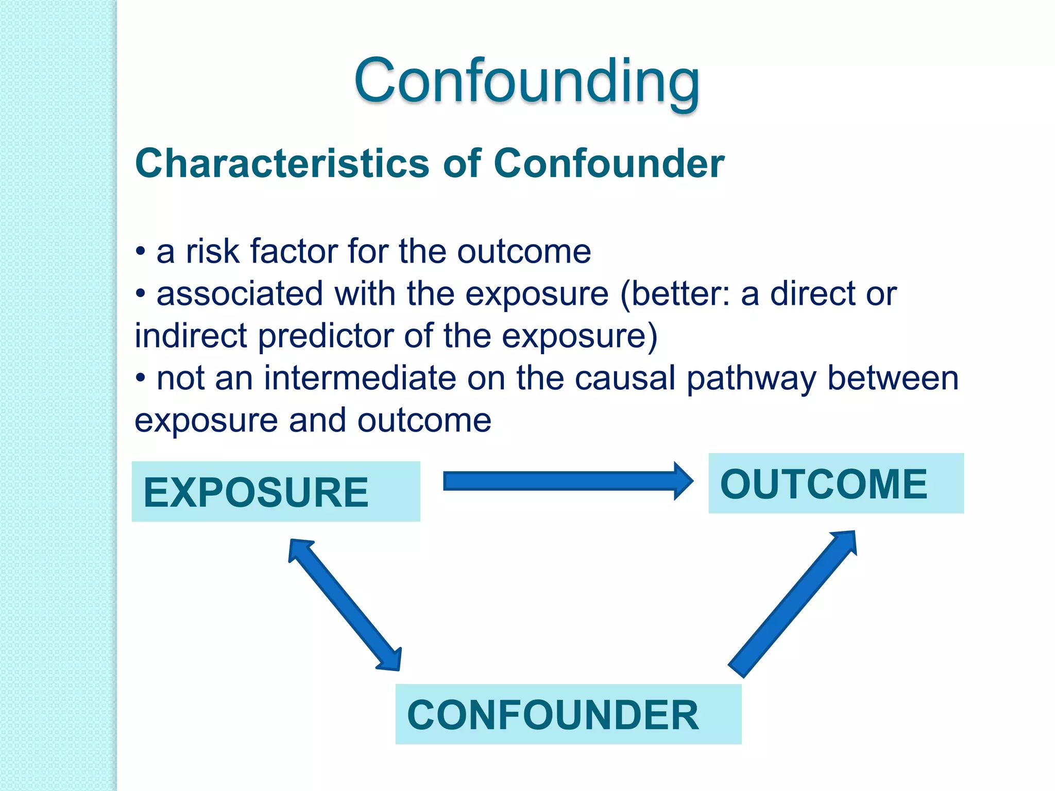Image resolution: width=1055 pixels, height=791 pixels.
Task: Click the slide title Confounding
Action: (526, 81)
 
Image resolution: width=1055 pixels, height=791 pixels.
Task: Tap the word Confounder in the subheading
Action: (609, 164)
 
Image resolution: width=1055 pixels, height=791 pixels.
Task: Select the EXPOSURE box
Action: (276, 492)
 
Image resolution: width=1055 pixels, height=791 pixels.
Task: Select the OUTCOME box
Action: (836, 484)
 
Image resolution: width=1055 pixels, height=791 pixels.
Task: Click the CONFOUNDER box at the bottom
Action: (568, 714)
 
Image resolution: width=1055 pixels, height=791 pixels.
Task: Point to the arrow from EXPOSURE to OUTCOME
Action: (567, 481)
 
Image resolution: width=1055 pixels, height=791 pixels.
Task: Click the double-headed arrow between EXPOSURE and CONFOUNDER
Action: (345, 605)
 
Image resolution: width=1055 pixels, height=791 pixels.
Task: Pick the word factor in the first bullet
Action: (294, 252)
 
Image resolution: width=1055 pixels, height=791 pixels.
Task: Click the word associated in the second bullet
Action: (240, 294)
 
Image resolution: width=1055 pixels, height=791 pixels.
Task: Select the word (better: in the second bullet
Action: (675, 294)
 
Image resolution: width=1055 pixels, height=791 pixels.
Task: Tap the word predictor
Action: (326, 336)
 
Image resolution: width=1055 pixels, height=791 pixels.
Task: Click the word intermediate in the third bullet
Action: (360, 379)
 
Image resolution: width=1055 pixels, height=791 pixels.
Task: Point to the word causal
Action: (624, 379)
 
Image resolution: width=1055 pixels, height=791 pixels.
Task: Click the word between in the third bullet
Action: (893, 379)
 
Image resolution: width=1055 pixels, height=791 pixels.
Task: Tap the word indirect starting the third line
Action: (191, 336)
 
